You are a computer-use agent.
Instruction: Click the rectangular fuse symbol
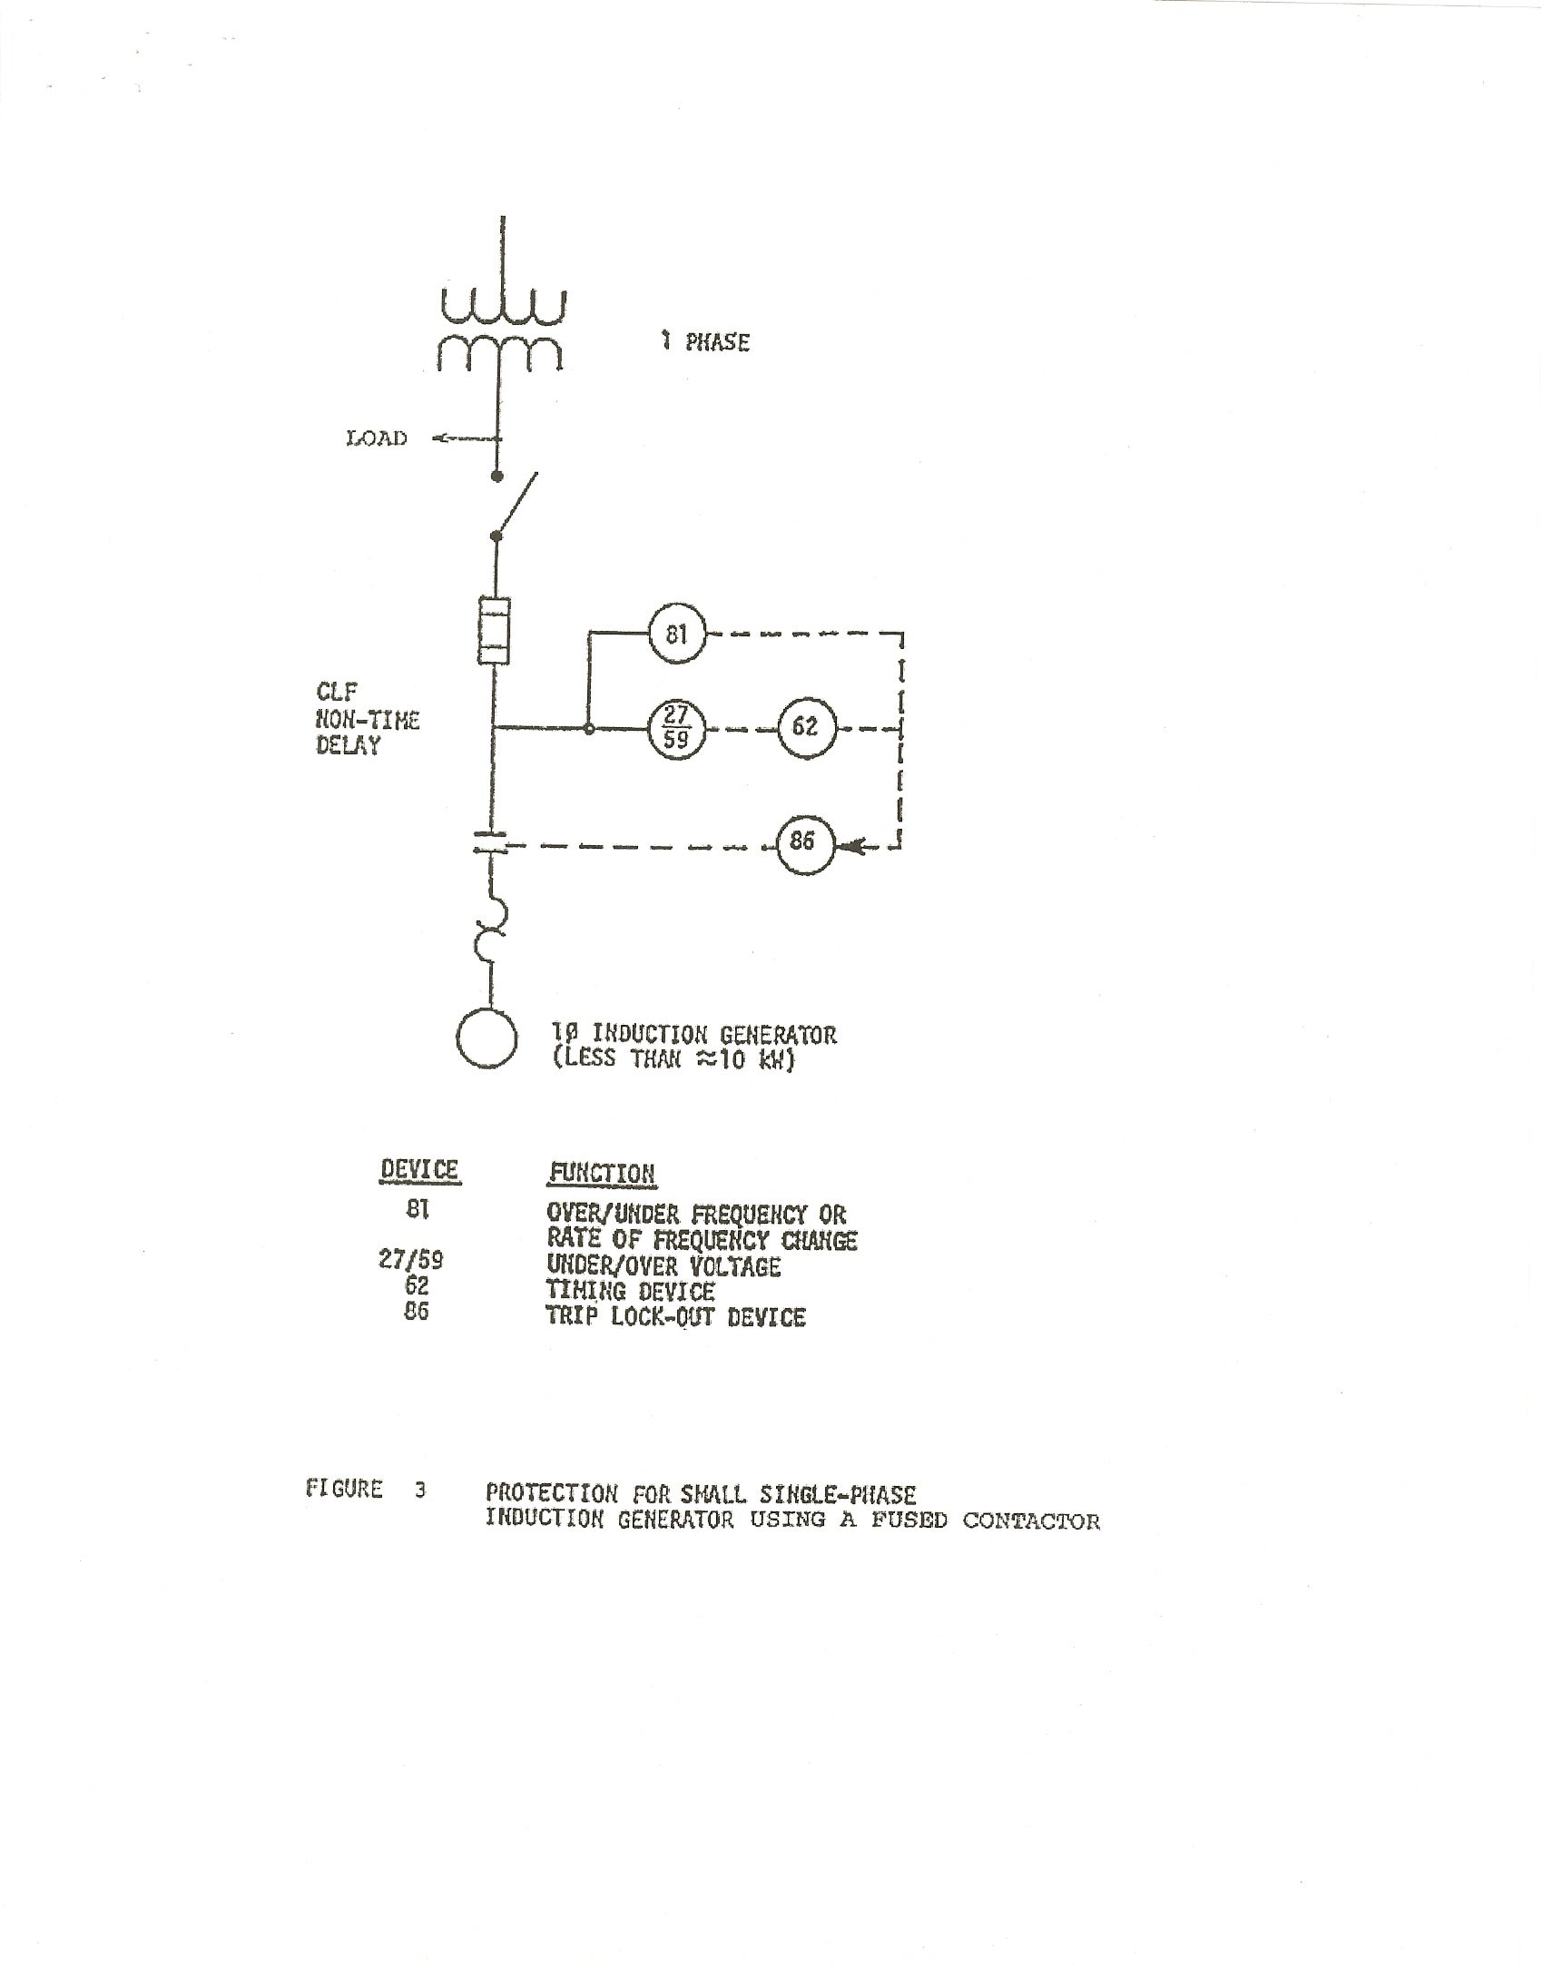coord(494,633)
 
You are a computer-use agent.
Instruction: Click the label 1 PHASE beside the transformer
coord(706,342)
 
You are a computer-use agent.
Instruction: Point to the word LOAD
coord(377,438)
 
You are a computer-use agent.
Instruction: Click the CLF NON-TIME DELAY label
coord(367,720)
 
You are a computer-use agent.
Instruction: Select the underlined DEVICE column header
coord(419,1170)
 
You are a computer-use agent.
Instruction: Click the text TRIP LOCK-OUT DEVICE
coord(675,1316)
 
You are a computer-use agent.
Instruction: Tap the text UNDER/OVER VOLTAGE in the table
coord(663,1266)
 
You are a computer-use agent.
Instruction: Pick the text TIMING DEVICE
coord(630,1291)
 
